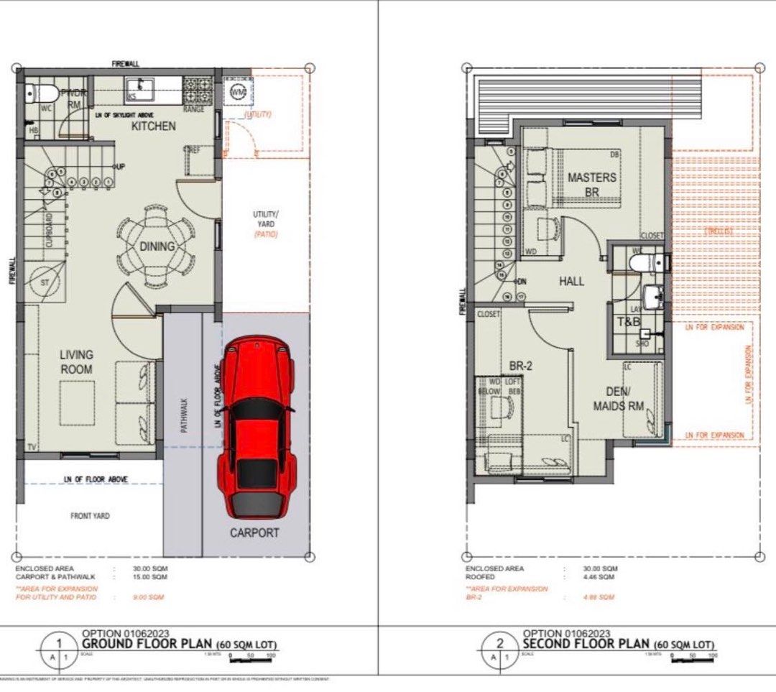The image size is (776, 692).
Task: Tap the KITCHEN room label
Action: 152,126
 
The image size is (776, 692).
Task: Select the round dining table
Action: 156,245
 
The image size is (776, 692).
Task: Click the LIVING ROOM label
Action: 76,362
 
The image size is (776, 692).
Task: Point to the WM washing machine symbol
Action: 239,92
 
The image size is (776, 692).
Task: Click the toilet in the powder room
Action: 42,93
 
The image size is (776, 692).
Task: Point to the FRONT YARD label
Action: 90,516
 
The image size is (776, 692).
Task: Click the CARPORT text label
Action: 254,533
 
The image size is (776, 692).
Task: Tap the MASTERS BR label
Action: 591,185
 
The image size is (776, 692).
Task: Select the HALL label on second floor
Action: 571,282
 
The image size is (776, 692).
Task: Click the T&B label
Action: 629,323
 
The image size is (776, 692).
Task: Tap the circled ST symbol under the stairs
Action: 45,283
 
